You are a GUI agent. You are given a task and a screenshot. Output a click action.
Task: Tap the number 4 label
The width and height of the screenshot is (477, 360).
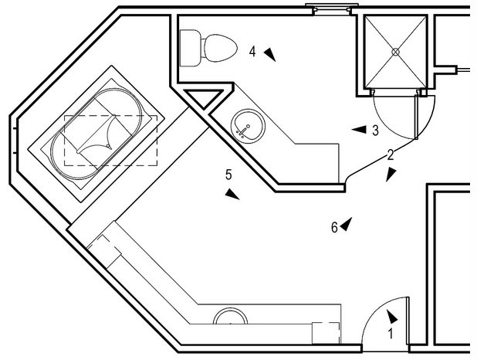pyautogui.click(x=252, y=52)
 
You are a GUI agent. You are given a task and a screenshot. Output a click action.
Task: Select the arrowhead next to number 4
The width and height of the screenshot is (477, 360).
pyautogui.click(x=269, y=53)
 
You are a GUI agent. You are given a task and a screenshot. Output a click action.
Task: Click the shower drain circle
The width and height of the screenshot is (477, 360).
pyautogui.click(x=396, y=52)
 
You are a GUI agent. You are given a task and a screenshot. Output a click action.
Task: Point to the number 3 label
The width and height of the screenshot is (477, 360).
pyautogui.click(x=375, y=131)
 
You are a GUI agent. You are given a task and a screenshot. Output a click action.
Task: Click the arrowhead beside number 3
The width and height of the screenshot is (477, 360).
pyautogui.click(x=359, y=130)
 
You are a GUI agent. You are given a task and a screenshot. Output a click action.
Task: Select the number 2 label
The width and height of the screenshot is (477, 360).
pyautogui.click(x=391, y=155)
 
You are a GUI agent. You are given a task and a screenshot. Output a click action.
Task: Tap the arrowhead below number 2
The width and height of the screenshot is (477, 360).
pyautogui.click(x=391, y=175)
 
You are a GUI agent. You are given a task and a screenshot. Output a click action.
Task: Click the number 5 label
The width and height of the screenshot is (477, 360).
pyautogui.click(x=228, y=175)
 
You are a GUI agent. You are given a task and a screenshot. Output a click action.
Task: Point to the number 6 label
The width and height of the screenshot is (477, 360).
pyautogui.click(x=334, y=227)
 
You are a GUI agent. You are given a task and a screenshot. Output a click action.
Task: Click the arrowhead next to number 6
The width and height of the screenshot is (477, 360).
pyautogui.click(x=347, y=223)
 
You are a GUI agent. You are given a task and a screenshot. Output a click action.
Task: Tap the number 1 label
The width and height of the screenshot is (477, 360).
pyautogui.click(x=391, y=335)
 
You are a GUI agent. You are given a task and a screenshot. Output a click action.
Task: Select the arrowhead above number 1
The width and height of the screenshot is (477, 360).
pyautogui.click(x=393, y=316)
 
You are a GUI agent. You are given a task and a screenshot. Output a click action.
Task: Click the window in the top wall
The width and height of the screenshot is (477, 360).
pyautogui.click(x=332, y=9)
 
